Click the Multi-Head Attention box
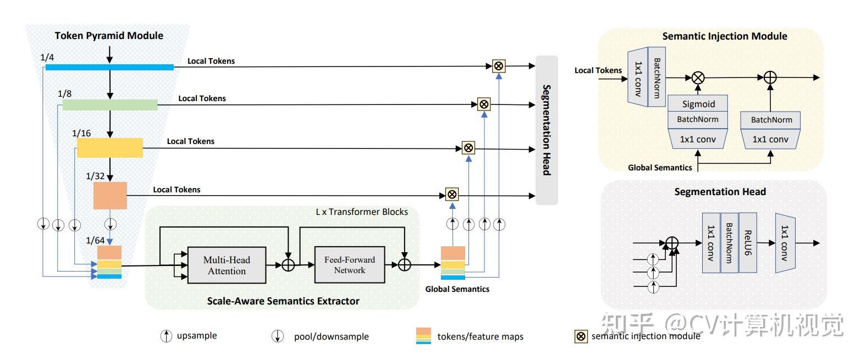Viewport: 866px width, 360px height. (227, 265)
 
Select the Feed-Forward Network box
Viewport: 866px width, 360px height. (349, 265)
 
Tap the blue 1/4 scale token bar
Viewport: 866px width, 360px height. (109, 67)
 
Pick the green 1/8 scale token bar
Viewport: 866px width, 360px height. (110, 104)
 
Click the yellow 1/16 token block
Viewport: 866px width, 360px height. (110, 148)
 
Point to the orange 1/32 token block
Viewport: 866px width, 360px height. (110, 195)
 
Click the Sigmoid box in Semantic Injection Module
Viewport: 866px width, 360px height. (698, 104)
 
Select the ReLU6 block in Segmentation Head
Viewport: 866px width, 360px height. (748, 243)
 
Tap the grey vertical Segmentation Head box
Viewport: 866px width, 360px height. (547, 130)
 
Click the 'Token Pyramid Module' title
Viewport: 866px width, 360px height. (109, 36)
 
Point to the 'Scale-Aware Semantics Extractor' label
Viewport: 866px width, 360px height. (283, 301)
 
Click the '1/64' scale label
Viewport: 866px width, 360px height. (95, 240)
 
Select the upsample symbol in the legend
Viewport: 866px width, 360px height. (166, 336)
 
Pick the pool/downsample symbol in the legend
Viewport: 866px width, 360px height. (278, 336)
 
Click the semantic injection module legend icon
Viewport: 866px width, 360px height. (581, 336)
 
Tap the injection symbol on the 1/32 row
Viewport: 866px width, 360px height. (452, 194)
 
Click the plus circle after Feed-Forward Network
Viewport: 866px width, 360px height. (404, 265)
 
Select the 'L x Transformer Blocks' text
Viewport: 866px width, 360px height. (361, 212)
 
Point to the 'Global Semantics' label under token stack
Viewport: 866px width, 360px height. (457, 289)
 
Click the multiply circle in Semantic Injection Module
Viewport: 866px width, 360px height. (698, 77)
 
